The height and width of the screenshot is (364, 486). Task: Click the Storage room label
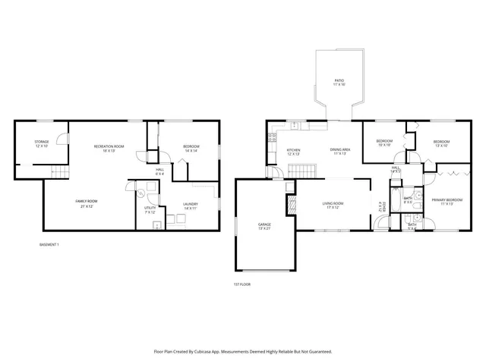click(x=41, y=143)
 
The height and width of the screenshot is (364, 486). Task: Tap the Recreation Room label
click(x=109, y=148)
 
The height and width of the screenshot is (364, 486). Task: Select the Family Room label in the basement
click(x=86, y=203)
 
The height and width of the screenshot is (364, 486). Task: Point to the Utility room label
click(x=150, y=210)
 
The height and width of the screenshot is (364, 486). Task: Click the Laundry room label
click(x=190, y=206)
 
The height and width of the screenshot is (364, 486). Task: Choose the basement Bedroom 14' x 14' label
click(x=190, y=148)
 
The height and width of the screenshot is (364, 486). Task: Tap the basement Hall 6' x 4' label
click(x=160, y=171)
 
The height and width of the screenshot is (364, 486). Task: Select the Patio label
click(x=339, y=82)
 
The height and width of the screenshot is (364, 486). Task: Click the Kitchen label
click(x=293, y=152)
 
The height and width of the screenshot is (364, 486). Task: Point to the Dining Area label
click(x=339, y=152)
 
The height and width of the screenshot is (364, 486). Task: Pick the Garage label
click(x=264, y=227)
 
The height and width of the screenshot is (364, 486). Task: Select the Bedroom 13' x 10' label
click(x=441, y=143)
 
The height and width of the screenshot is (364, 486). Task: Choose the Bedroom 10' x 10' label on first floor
click(x=385, y=143)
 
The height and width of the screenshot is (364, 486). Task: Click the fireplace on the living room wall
click(x=290, y=203)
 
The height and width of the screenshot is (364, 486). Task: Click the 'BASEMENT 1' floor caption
click(x=49, y=245)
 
